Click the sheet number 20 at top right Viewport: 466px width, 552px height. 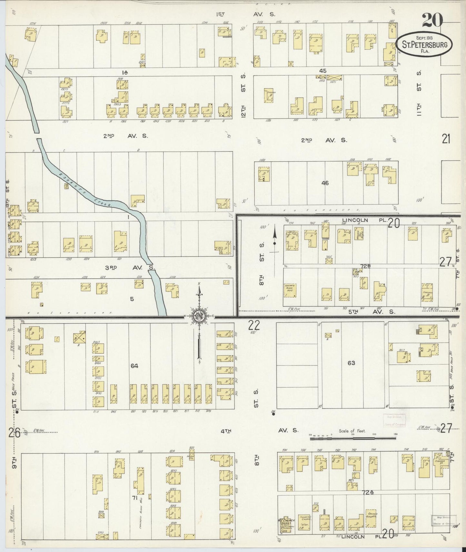pos(432,20)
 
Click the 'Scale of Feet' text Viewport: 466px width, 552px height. pos(352,431)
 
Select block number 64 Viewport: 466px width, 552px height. pos(134,366)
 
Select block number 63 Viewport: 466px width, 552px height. pos(351,363)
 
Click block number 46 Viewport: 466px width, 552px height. pos(325,183)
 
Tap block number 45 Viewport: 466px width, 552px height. pos(323,71)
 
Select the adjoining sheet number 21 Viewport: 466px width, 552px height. pos(446,139)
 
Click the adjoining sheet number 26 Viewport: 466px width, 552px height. pos(15,433)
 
